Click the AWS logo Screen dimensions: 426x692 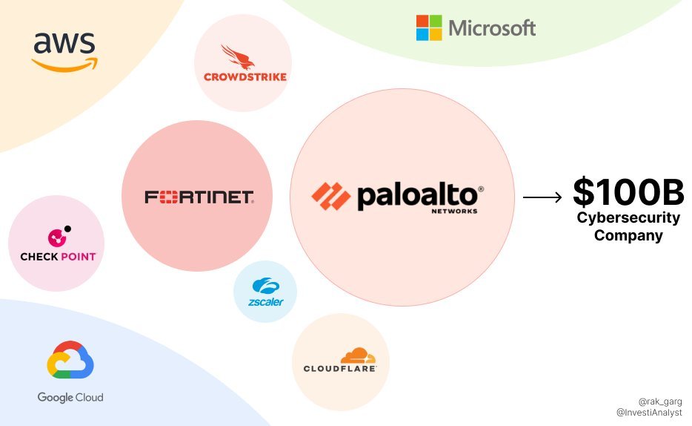coord(65,50)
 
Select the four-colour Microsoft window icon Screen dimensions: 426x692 coord(429,27)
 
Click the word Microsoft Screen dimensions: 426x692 coord(492,29)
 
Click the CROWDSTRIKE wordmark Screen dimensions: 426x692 coord(244,76)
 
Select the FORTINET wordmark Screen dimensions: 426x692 coord(199,197)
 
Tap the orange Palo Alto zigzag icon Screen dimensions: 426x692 coord(330,196)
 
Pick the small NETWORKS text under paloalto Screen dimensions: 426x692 coord(453,211)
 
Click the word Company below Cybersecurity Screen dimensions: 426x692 coord(628,236)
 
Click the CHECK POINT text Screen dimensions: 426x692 coord(58,257)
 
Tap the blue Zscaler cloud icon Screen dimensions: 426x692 coord(265,285)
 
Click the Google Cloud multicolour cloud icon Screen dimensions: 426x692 coord(70,362)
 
